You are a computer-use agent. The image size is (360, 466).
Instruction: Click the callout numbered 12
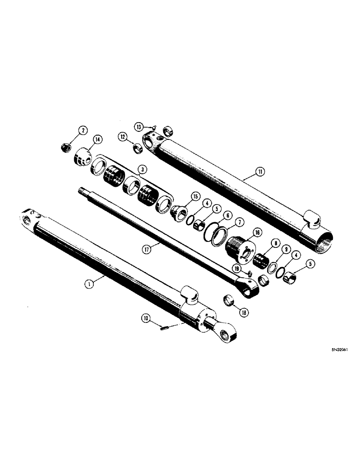(123, 136)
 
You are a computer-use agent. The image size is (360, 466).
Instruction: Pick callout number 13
(139, 127)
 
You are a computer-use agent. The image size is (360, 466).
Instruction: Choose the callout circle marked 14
(97, 139)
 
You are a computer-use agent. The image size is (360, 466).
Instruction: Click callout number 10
(146, 318)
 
